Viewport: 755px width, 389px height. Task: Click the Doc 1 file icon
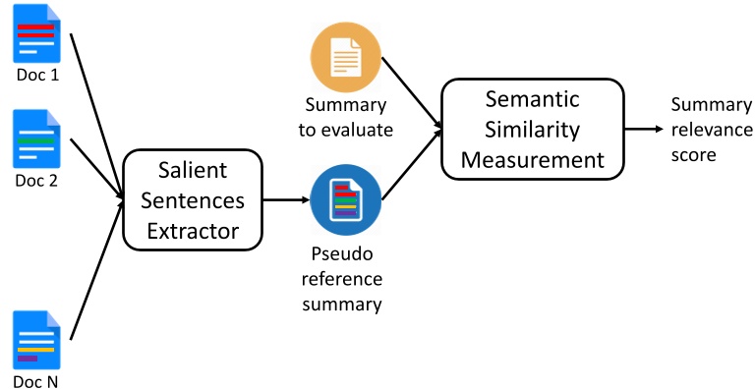(x=35, y=35)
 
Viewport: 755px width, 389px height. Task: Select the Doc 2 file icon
(x=35, y=140)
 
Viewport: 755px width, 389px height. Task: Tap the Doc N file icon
(x=35, y=341)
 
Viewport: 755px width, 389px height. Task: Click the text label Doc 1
(x=35, y=76)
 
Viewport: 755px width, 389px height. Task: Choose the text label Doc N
(x=35, y=381)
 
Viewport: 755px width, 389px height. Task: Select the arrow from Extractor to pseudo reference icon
(x=287, y=199)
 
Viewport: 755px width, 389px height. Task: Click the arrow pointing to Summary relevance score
(x=644, y=129)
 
